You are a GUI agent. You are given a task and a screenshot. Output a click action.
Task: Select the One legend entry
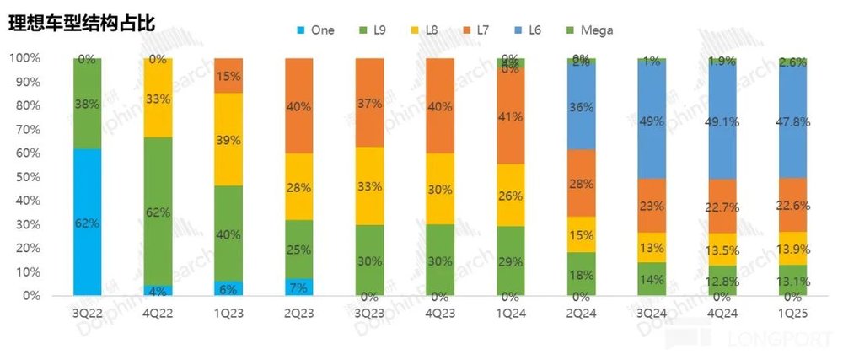pyautogui.click(x=314, y=30)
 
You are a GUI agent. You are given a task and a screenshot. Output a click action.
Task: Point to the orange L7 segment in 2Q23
pyautogui.click(x=298, y=105)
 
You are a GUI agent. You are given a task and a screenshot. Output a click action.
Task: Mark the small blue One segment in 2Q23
pyautogui.click(x=298, y=287)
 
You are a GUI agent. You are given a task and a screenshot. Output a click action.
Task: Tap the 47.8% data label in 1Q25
pyautogui.click(x=792, y=121)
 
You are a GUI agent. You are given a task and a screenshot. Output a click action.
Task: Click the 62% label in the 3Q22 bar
pyautogui.click(x=87, y=223)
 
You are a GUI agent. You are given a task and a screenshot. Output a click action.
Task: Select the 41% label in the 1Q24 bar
pyautogui.click(x=511, y=118)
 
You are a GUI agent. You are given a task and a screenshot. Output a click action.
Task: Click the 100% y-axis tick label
pyautogui.click(x=24, y=58)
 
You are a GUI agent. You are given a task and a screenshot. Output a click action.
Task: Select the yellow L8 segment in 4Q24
pyautogui.click(x=722, y=249)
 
